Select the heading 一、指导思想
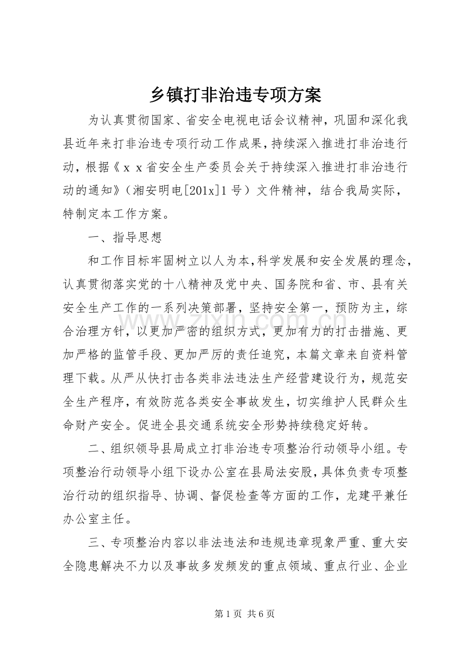pyautogui.click(x=125, y=237)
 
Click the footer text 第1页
pyautogui.click(x=225, y=614)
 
